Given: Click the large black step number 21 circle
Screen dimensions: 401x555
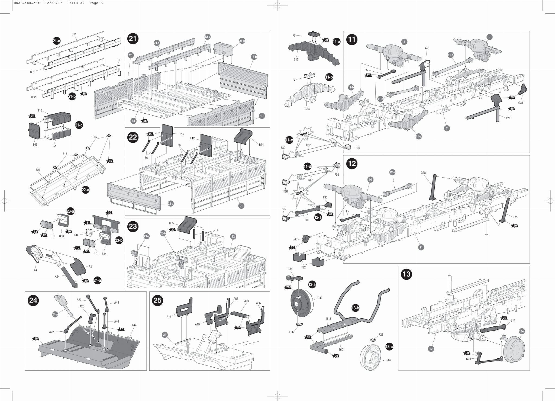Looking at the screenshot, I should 133,39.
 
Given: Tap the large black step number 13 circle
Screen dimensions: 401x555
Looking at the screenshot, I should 406,274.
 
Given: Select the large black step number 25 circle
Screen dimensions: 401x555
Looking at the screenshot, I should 157,300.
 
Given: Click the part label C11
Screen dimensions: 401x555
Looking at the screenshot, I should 74,34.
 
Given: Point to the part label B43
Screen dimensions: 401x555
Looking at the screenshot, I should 35,145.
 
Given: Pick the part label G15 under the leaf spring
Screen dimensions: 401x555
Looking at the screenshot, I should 296,59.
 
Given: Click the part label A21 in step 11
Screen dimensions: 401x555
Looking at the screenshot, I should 427,48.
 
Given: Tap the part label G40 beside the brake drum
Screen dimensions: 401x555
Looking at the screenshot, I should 320,298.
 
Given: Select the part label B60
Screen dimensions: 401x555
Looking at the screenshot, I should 341,349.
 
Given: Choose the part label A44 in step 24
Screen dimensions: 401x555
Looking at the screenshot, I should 134,325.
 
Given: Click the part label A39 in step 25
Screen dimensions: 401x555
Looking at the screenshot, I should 247,301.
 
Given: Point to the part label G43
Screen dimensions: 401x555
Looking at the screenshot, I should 295,239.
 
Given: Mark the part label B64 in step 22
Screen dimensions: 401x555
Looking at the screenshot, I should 261,145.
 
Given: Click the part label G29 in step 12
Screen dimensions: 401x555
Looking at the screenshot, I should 516,217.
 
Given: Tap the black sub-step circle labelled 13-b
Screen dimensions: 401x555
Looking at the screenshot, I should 355,308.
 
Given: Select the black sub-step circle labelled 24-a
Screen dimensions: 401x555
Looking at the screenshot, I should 97,280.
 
